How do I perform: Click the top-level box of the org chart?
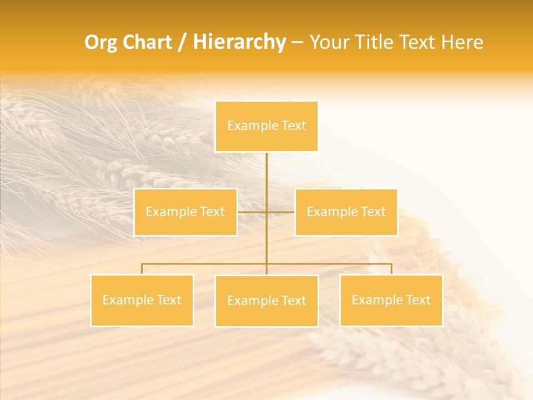(x=266, y=126)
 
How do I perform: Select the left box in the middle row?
(x=185, y=212)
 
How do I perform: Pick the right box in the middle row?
(x=346, y=212)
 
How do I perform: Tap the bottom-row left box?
(x=142, y=300)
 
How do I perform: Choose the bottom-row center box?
(x=266, y=301)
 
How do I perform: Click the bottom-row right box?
(x=391, y=300)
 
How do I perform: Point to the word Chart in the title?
(x=147, y=43)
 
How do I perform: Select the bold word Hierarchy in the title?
(x=239, y=43)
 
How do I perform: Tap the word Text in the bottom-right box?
(x=418, y=300)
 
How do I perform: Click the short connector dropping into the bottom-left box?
(x=142, y=269)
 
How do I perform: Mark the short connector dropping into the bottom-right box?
(x=391, y=269)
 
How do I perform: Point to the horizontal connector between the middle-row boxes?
(x=266, y=212)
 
